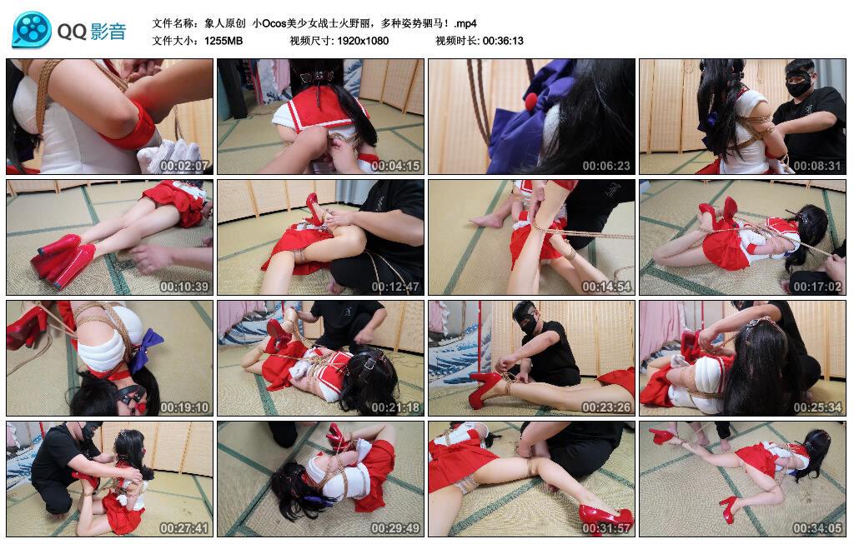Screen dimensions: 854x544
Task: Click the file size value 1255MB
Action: [x=224, y=41]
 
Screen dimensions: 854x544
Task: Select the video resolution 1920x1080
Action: [x=363, y=41]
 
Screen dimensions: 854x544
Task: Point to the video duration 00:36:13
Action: [x=503, y=41]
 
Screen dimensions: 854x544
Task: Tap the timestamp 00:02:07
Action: [x=184, y=166]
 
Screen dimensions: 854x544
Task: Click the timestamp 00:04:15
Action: [x=395, y=166]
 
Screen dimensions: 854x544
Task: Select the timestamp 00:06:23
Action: [x=606, y=166]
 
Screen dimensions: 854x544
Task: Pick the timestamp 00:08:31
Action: [x=817, y=166]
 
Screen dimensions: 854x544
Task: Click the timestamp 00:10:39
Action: [x=184, y=287]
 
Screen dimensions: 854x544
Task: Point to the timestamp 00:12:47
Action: [x=395, y=287]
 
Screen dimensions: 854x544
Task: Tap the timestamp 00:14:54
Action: [x=606, y=287]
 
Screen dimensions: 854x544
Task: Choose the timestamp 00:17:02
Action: [x=817, y=287]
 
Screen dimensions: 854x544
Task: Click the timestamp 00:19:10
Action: [x=184, y=407]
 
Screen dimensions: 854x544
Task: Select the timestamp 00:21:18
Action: [x=395, y=407]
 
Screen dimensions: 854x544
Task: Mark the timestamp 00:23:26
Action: [x=606, y=407]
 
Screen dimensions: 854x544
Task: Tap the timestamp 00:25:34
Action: [x=817, y=407]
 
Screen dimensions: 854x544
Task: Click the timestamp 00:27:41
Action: [x=184, y=528]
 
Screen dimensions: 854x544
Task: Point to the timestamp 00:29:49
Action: [x=395, y=528]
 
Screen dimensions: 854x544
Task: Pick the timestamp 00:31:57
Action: [x=606, y=528]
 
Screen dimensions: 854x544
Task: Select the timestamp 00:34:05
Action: [x=817, y=528]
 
